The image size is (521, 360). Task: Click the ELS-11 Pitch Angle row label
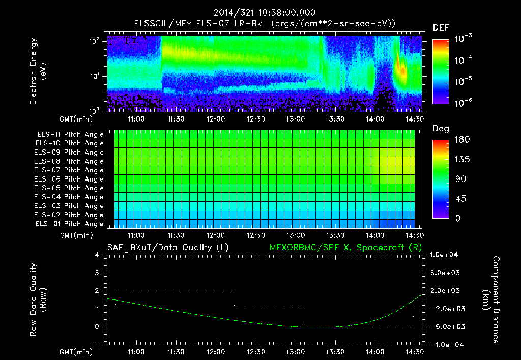pos(70,134)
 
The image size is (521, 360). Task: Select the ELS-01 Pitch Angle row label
pos(70,224)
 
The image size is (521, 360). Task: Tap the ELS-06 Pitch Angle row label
pos(70,179)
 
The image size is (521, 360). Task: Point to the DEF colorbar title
pos(441,27)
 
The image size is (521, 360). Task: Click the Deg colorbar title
pos(441,129)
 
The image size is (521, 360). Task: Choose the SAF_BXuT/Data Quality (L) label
pos(167,248)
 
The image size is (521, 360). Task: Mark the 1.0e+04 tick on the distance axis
pos(445,255)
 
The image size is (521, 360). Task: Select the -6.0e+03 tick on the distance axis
pos(445,326)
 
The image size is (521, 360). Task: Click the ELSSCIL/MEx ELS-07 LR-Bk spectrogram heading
pos(264,23)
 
